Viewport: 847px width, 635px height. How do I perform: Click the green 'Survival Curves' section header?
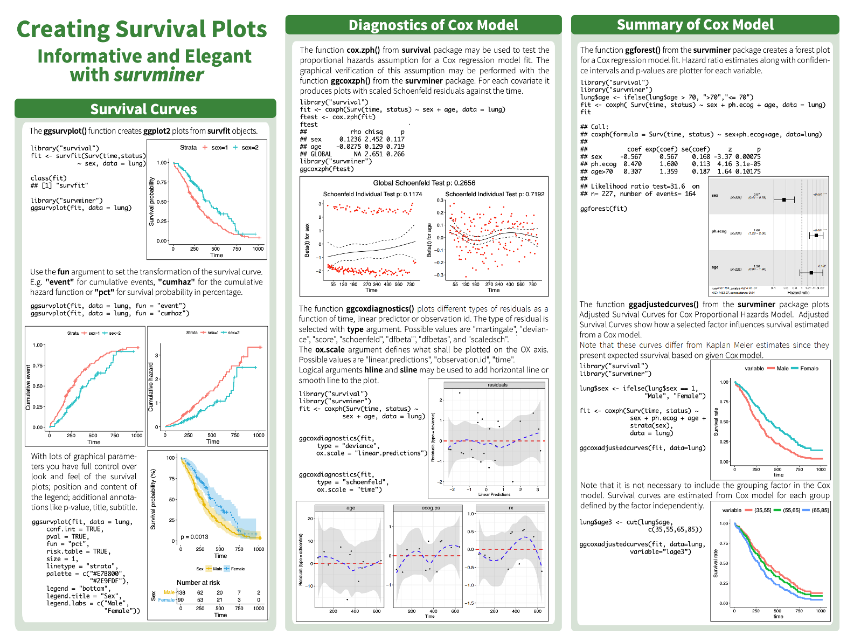144,109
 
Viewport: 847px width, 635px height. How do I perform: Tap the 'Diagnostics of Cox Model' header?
433,25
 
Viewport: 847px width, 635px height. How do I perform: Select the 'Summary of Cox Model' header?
695,25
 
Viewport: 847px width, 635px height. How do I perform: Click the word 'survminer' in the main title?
159,74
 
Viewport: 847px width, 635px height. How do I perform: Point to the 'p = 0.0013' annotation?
195,536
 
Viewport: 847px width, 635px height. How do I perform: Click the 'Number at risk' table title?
198,582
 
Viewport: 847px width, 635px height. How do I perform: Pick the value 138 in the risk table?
181,592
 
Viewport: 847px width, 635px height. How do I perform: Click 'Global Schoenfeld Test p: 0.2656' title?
424,183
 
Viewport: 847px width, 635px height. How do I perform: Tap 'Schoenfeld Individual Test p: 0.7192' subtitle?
495,194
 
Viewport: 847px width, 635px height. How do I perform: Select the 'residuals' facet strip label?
497,385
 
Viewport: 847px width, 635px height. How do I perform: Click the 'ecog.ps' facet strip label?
431,508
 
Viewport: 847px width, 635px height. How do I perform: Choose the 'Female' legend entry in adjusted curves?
809,369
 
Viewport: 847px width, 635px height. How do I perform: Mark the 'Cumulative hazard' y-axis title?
151,386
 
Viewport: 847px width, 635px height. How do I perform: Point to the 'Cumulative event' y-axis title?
28,388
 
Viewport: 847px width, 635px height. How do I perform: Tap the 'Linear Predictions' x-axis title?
494,494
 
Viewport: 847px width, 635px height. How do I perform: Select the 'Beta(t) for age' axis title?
429,240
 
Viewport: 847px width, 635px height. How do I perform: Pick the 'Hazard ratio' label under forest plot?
798,293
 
